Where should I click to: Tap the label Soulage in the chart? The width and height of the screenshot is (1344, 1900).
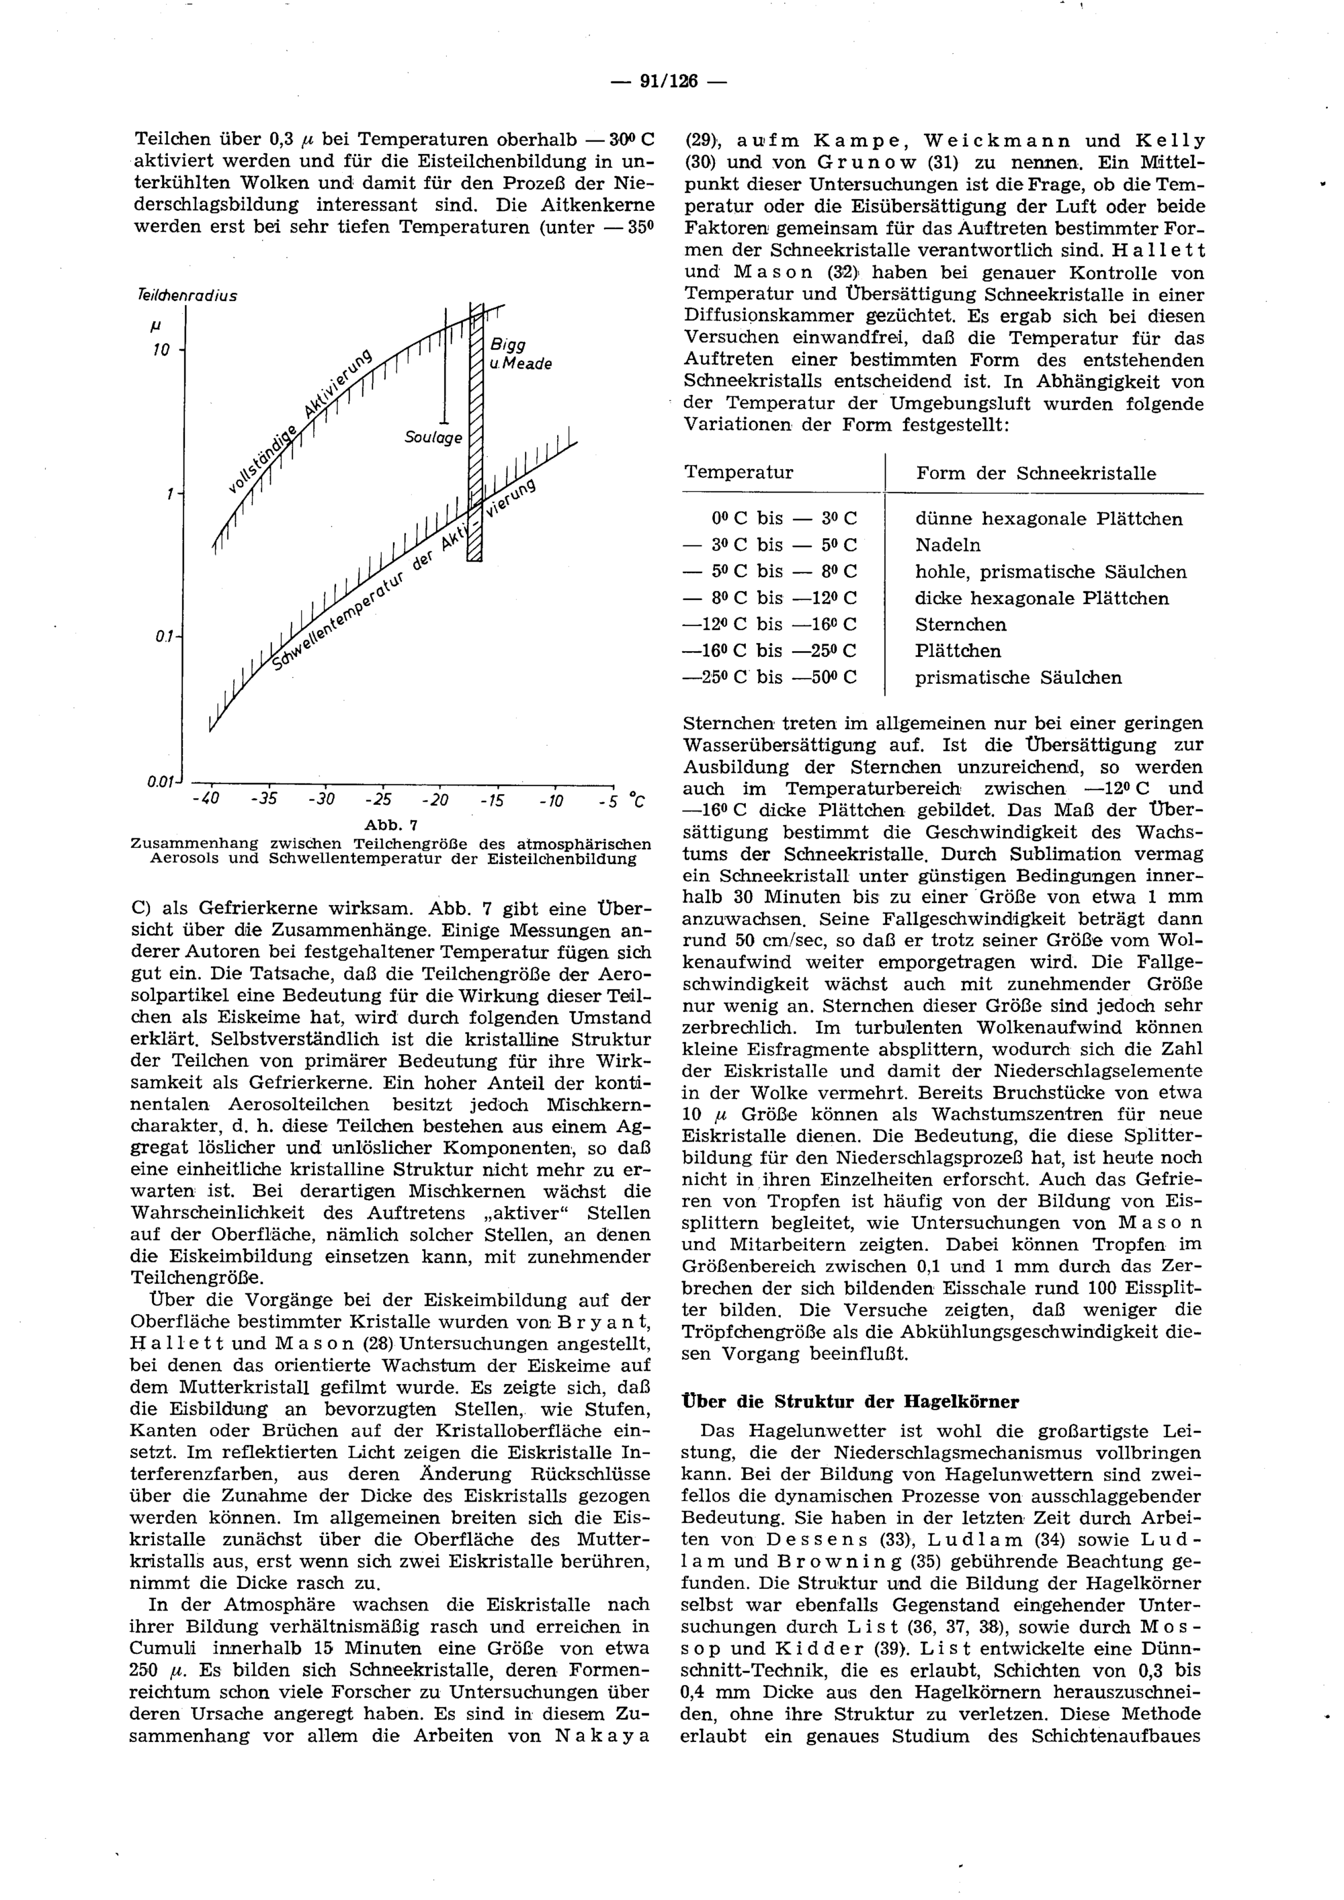point(433,437)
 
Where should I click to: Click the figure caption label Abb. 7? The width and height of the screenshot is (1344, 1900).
point(392,825)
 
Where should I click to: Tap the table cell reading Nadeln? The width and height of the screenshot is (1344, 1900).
point(948,546)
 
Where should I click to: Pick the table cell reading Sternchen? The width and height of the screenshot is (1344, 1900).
point(961,625)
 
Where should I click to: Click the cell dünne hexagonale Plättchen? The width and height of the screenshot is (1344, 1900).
point(1048,519)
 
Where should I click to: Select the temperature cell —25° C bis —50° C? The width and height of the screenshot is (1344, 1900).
point(769,678)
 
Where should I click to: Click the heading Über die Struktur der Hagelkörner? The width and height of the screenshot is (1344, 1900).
point(849,1402)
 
